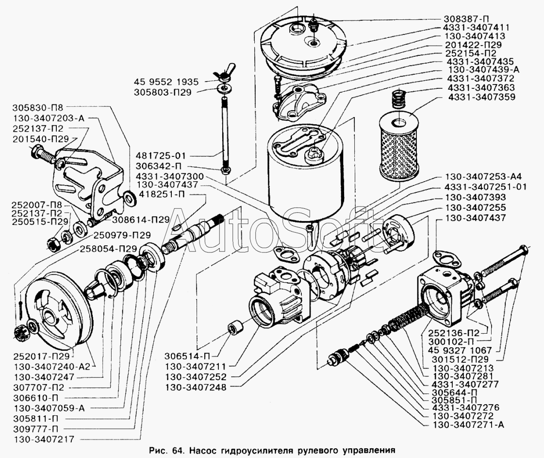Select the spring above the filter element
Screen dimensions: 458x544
[400, 99]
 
